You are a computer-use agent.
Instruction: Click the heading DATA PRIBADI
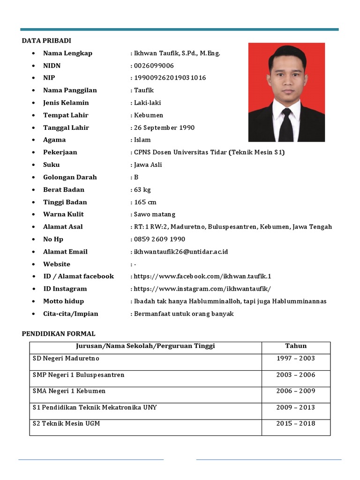46,41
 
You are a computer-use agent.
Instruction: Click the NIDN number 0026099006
154,66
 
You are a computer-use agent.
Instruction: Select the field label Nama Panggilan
70,90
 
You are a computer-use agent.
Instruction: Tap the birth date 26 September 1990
164,127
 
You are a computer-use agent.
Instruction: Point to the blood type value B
136,177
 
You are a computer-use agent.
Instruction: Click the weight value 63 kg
142,190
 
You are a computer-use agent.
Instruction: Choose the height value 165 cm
145,202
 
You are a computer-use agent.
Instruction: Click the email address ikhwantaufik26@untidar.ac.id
180,252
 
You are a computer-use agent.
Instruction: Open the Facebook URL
202,277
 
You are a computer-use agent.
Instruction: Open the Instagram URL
202,289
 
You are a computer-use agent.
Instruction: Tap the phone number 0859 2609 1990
159,240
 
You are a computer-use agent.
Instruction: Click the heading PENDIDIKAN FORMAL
59,334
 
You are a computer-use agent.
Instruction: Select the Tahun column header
296,346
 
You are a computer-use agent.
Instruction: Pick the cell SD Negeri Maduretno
66,359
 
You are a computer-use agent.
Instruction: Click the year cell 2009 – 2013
296,408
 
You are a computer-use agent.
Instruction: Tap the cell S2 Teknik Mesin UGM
66,424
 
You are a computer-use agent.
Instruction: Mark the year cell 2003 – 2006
296,375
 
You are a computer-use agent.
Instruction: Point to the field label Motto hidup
63,301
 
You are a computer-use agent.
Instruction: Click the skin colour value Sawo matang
154,215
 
